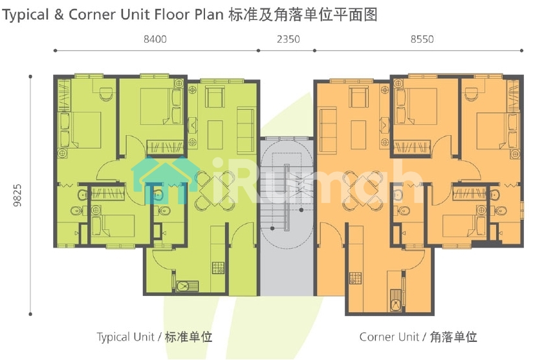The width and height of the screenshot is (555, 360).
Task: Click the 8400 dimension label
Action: point(155,39)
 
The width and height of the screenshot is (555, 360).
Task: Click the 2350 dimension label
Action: point(288,39)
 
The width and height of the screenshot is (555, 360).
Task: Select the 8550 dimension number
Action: point(422,39)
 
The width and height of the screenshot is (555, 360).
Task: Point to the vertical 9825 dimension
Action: point(17,195)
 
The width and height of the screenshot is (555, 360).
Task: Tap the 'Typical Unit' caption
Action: point(125,337)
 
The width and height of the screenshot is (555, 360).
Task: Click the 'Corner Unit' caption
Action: point(389,337)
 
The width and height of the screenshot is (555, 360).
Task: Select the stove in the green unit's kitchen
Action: point(218,268)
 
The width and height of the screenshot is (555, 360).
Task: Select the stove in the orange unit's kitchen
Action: point(355,279)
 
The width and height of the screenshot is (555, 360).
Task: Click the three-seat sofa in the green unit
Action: point(246,131)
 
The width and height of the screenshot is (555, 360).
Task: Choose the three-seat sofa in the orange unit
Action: point(329,131)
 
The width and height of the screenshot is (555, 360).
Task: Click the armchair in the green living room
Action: point(215,97)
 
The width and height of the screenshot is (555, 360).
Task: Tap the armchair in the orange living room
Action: point(358,97)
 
